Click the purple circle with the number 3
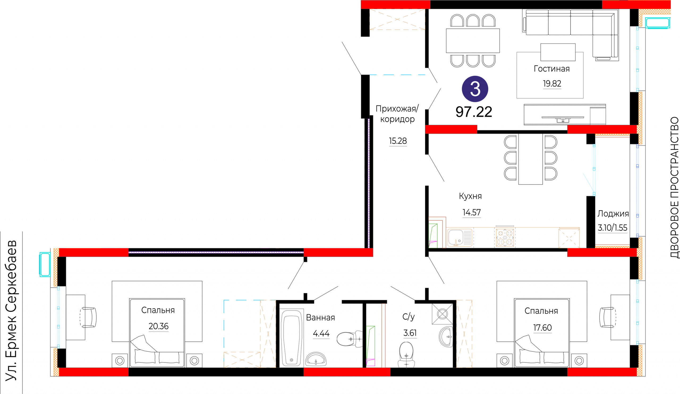[475, 89]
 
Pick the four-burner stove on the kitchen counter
[505, 237]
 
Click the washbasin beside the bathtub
[316, 359]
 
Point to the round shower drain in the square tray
[442, 314]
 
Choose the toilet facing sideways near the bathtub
[350, 339]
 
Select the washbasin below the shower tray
[446, 337]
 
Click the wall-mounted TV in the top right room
[563, 118]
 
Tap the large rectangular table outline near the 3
[550, 75]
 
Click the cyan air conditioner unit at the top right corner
[658, 23]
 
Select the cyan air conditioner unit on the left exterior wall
[45, 264]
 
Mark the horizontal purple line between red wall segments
[216, 253]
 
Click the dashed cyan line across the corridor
[397, 75]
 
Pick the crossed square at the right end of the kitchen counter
[569, 238]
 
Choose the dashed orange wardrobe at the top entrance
[397, 19]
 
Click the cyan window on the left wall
[58, 318]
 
